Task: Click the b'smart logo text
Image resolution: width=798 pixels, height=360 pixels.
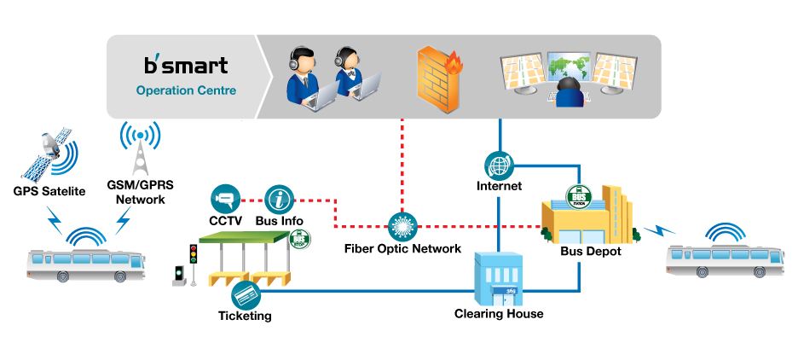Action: pos(186,65)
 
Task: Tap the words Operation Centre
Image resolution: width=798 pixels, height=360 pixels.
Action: pos(186,90)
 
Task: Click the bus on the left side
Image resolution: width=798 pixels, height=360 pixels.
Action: pos(85,264)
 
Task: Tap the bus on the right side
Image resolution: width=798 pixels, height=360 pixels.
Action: pos(726,259)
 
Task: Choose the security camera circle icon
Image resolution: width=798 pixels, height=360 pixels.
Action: pos(226,200)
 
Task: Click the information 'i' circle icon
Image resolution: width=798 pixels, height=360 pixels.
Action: pos(279,200)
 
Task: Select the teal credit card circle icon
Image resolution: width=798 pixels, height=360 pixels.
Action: pos(246,295)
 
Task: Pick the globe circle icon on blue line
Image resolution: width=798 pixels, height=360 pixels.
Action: pos(499,165)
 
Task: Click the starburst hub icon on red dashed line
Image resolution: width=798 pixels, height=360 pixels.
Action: pos(402,227)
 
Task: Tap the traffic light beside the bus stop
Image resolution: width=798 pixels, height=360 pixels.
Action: pos(194,259)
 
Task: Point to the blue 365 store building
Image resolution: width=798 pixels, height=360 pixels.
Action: pos(499,280)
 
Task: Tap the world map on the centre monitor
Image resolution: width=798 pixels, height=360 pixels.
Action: pos(569,67)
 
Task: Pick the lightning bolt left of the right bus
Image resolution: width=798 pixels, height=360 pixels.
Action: pos(658,229)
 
